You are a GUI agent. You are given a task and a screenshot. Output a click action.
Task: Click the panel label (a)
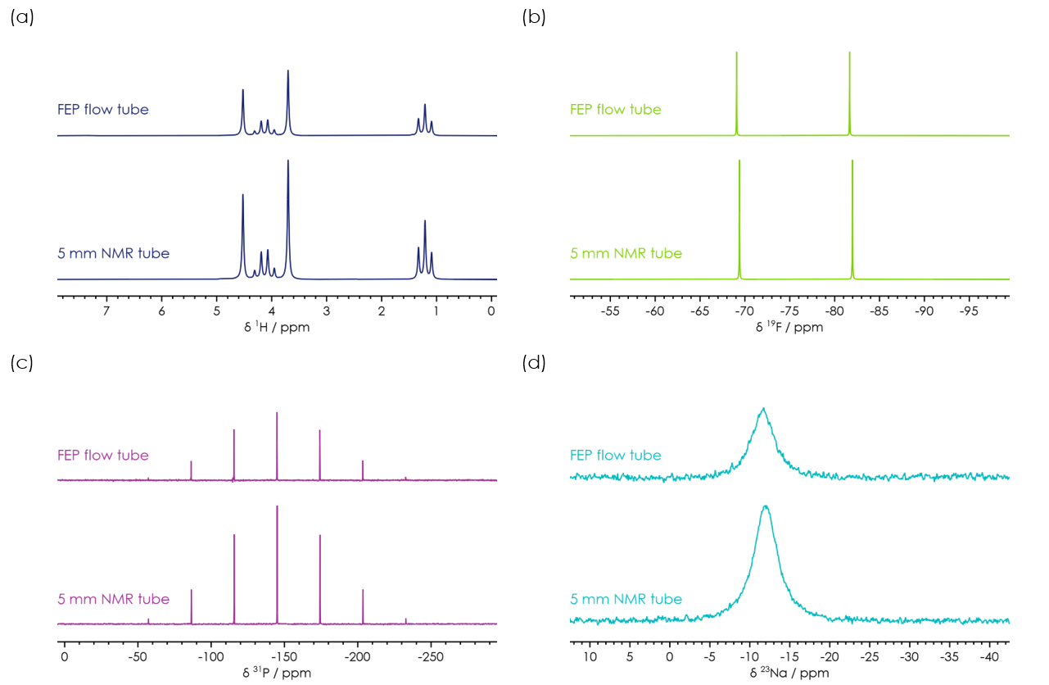pos(22,17)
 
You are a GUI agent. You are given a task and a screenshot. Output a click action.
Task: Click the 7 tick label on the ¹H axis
pos(106,311)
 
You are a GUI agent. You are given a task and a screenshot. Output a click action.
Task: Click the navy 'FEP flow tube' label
pos(103,109)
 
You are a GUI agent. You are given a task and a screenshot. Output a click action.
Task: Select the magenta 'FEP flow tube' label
pos(103,455)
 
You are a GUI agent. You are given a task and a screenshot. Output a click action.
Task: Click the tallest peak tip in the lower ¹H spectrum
pos(288,161)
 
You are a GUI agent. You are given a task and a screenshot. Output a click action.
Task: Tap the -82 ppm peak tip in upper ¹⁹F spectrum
pos(849,52)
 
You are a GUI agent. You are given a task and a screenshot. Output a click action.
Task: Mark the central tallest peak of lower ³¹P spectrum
pos(277,506)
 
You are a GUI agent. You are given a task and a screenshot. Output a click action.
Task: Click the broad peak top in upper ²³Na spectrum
pos(763,408)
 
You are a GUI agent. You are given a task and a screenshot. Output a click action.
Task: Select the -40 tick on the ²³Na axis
pos(988,657)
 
